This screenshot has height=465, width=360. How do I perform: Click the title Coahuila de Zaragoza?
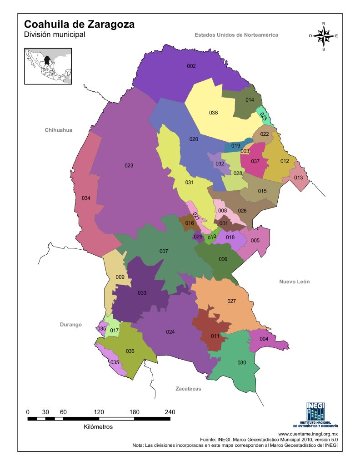tap(79, 25)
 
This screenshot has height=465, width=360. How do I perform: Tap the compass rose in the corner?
tap(324, 36)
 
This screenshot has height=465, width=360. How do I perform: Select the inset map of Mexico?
tap(49, 66)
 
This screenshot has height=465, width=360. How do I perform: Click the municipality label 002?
tap(191, 66)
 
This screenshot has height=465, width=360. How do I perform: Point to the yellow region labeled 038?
tap(213, 113)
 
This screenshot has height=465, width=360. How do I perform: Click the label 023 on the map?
tap(129, 166)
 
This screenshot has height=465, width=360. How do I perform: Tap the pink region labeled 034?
tap(86, 198)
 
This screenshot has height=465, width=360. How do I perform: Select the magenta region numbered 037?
tap(255, 161)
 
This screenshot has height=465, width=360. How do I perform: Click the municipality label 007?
tap(164, 251)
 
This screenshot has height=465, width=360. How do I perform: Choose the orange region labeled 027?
tap(231, 302)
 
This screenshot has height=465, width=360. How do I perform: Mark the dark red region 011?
tap(215, 336)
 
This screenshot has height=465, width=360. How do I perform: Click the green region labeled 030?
tap(241, 362)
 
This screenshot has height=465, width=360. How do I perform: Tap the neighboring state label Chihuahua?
tap(58, 130)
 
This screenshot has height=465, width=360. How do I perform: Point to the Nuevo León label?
tap(294, 282)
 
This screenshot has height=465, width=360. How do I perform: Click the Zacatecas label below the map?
tap(188, 389)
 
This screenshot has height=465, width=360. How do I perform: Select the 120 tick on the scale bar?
tap(99, 412)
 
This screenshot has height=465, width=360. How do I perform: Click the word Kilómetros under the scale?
tap(98, 427)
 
